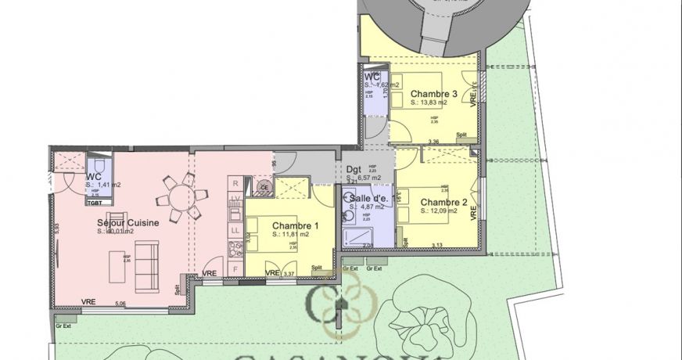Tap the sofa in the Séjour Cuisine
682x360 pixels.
click(147, 264)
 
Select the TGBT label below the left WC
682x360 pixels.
click(95, 202)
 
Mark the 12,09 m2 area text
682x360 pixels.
click(436, 210)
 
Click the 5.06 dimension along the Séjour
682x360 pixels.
click(120, 304)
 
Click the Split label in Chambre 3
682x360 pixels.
click(461, 134)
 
